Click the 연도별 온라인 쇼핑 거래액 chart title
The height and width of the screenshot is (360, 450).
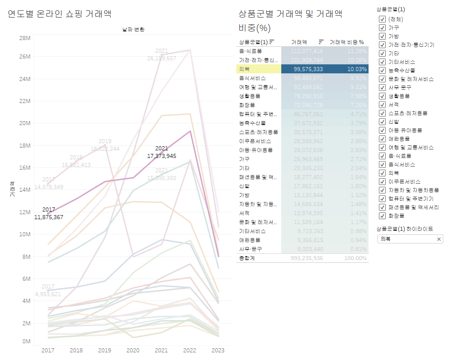[59, 14]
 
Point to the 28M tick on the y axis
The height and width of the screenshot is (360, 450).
[24, 38]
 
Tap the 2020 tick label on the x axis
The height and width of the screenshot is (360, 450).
[133, 350]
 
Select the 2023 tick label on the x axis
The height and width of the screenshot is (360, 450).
[218, 350]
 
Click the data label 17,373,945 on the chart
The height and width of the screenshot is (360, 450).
[162, 156]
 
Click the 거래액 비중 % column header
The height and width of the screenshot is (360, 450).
[346, 42]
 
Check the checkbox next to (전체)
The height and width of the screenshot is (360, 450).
[382, 19]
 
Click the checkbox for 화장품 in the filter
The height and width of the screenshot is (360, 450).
[382, 216]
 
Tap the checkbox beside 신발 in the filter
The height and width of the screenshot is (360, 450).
[382, 122]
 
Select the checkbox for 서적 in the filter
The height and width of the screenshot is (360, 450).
[382, 105]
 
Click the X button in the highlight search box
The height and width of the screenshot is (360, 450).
[439, 239]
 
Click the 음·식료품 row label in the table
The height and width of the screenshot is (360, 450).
[251, 51]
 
